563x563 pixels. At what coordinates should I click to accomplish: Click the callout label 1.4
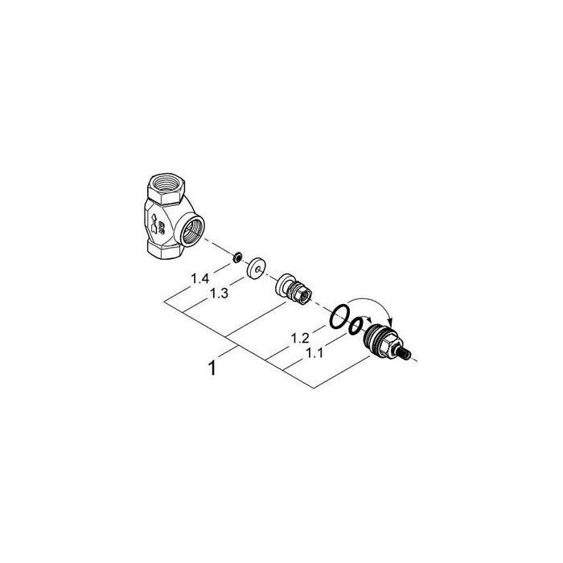tap(200, 278)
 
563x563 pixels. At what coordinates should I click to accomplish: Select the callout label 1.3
tap(219, 294)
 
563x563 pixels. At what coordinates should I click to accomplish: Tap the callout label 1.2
tap(300, 338)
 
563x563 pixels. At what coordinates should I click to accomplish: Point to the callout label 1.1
tap(314, 353)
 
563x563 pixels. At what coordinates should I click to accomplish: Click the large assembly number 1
tap(212, 368)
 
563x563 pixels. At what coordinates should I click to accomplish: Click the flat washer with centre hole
tap(257, 268)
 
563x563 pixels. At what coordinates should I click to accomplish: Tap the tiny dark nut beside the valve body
tap(237, 257)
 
